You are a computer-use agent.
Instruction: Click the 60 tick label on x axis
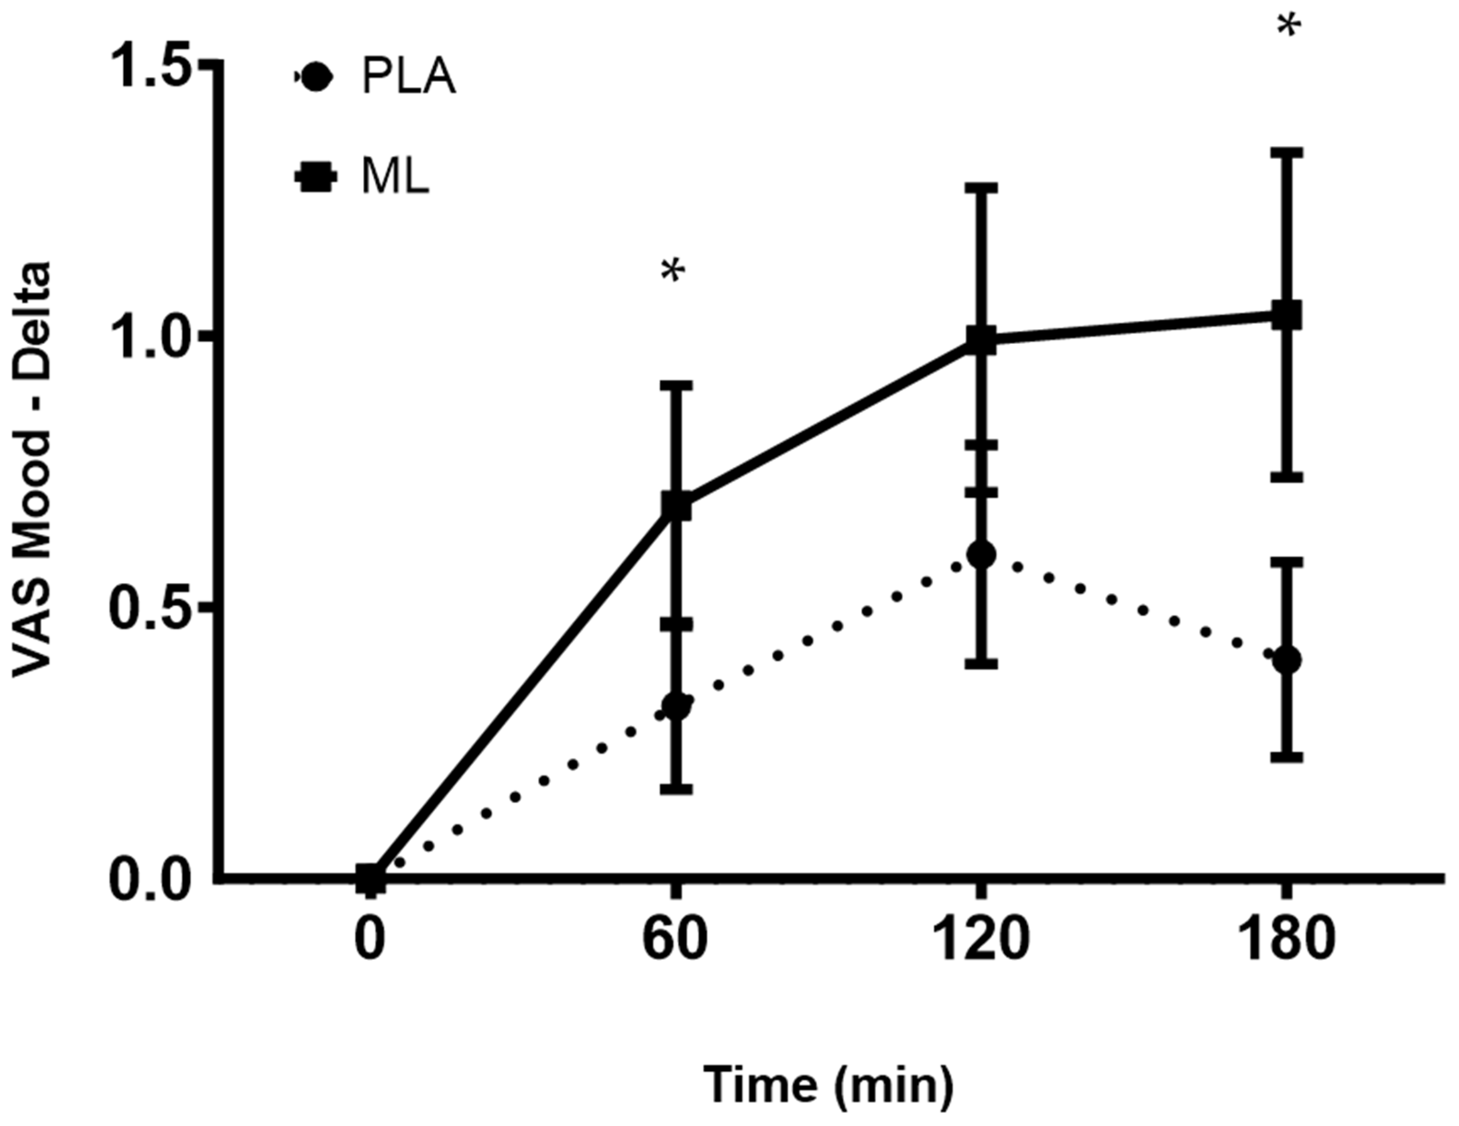(x=675, y=940)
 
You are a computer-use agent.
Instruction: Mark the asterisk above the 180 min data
(x=1289, y=28)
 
